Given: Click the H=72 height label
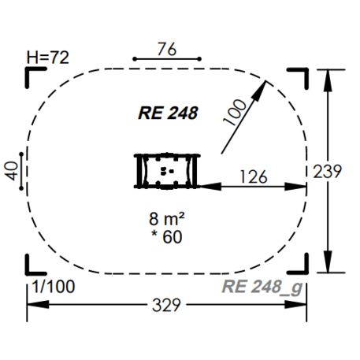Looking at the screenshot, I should click(x=46, y=57).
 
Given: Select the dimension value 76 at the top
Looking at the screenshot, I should click(x=167, y=48).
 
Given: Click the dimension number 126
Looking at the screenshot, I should click(x=254, y=173).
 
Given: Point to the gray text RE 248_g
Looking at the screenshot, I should click(x=262, y=286).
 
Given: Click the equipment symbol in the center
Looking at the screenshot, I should click(x=167, y=171).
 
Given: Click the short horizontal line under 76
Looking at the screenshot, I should click(x=167, y=59).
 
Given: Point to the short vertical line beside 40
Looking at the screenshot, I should click(x=24, y=170).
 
